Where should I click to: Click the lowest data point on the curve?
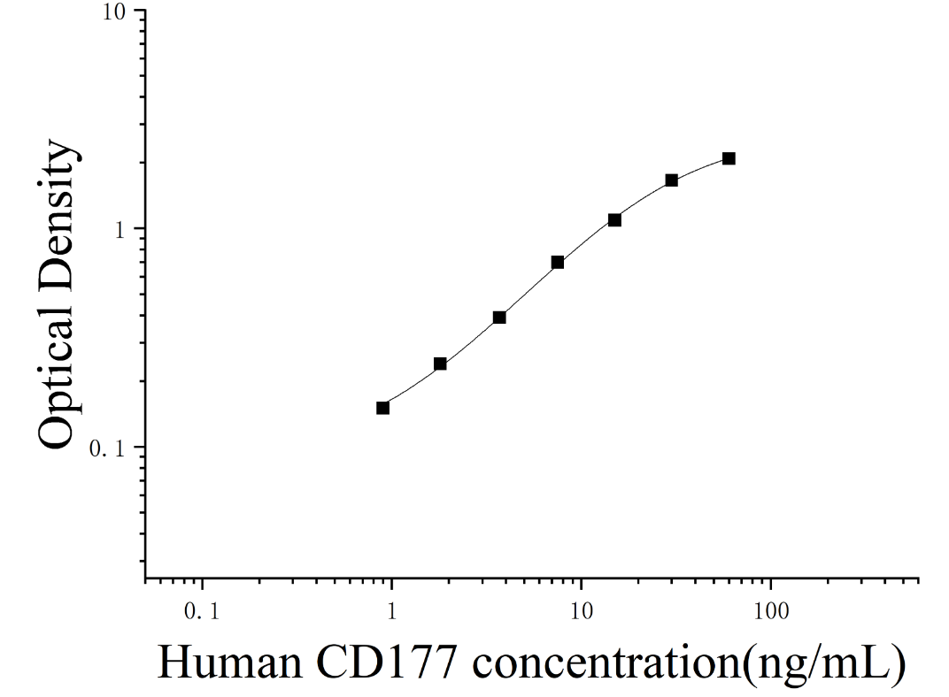pyautogui.click(x=382, y=408)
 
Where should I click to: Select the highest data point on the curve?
pyautogui.click(x=729, y=158)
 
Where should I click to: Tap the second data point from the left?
pyautogui.click(x=440, y=364)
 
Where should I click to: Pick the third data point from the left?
pyautogui.click(x=499, y=318)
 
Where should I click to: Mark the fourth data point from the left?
pyautogui.click(x=558, y=263)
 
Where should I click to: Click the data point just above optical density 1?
pyautogui.click(x=614, y=220)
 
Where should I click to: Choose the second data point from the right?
pyautogui.click(x=671, y=180)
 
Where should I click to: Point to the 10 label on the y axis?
pyautogui.click(x=114, y=12)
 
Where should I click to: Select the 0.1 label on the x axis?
pyautogui.click(x=202, y=612)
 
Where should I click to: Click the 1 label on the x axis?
pyautogui.click(x=391, y=612)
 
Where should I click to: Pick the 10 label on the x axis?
pyautogui.click(x=581, y=612)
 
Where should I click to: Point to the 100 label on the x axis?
pyautogui.click(x=771, y=612)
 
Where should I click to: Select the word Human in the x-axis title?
pyautogui.click(x=229, y=663)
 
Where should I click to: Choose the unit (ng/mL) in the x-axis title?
pyautogui.click(x=824, y=666)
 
